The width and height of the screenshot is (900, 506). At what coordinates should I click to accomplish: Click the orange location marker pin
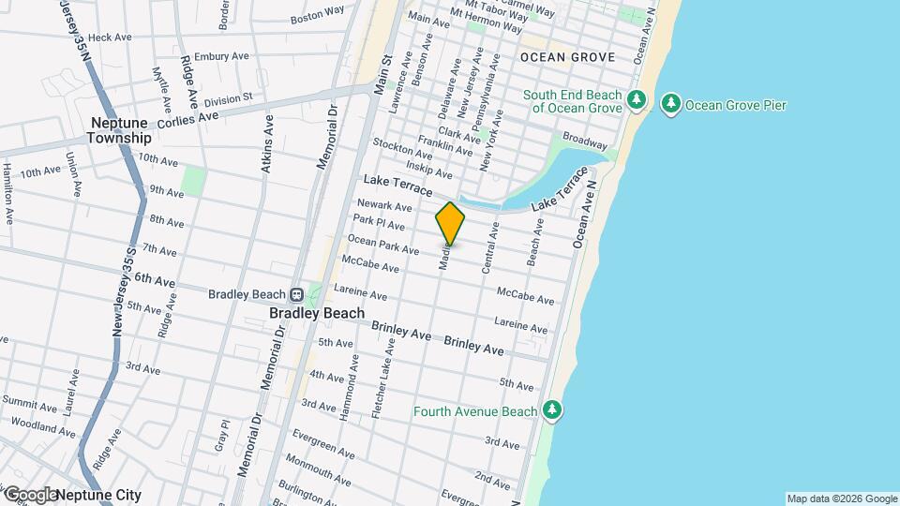coord(450,224)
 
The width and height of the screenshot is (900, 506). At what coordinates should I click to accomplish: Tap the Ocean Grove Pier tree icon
coord(670,104)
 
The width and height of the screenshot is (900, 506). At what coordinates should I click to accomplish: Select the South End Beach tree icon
coord(637,99)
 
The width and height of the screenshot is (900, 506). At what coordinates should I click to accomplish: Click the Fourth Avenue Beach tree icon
coord(552,409)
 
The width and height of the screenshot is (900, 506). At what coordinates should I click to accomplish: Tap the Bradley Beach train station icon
coord(295,294)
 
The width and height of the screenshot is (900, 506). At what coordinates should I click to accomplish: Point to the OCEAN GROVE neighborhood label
coord(567,57)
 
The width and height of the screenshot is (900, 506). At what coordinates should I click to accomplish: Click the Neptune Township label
coord(119,130)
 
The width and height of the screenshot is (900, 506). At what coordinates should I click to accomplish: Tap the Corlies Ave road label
coord(187,119)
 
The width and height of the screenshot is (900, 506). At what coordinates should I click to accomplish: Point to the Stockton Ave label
coord(400,145)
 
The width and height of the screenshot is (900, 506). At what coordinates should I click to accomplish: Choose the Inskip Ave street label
coord(430,173)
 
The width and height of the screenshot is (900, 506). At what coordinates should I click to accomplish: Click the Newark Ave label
coord(384,206)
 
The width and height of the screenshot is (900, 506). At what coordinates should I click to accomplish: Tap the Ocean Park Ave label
coord(383,246)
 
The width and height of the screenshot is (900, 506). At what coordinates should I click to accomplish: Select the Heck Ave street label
coord(110,37)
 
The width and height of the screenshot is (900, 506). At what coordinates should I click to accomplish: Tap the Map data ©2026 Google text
coord(841,499)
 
